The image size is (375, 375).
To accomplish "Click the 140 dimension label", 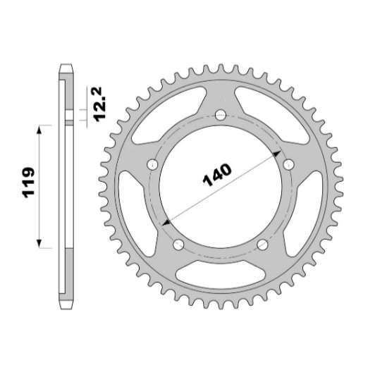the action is pos(217,175).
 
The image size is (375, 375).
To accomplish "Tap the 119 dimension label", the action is pos(28,183).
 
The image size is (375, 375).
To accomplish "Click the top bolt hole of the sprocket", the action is pos(221,115).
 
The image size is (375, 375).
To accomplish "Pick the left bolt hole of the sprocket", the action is pos(152,164).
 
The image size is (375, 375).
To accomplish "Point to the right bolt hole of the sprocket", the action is pos(289,164).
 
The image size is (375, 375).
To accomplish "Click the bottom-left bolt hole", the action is pos(178,245).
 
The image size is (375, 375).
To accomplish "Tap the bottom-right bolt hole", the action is pos(263,245).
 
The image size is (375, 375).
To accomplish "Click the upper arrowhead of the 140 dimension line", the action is pos(277,154).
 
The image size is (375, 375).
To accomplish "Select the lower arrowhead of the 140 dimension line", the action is pos(166,223).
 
